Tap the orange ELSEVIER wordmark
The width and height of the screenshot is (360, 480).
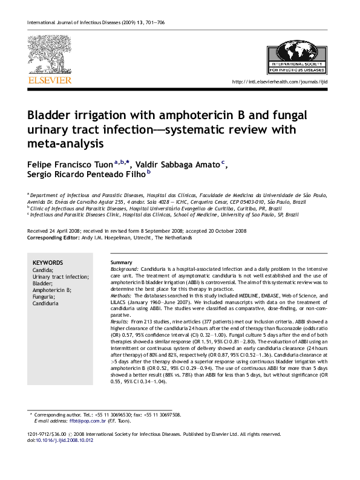point(50,79)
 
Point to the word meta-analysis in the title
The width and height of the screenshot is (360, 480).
point(70,144)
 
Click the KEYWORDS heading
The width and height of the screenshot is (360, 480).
point(48,262)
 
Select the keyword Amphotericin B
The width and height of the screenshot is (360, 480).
point(52,290)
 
